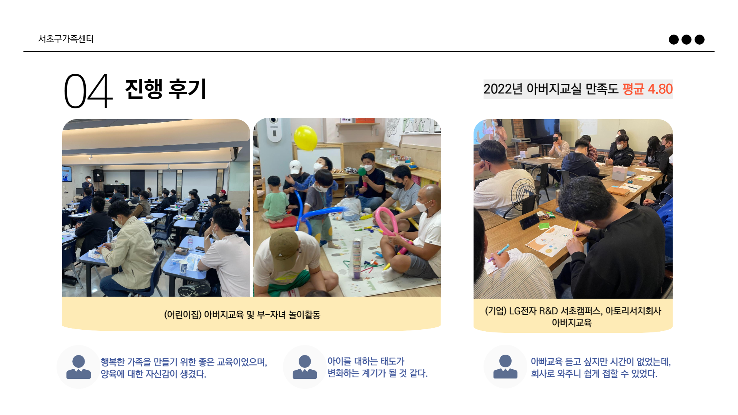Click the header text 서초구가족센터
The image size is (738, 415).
coord(66,39)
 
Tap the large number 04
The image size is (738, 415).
coord(88,91)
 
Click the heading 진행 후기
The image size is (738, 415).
coord(166,89)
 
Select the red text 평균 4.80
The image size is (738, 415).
coord(647,89)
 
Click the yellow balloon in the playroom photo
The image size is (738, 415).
coord(306,138)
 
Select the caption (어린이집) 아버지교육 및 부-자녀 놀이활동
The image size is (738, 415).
coord(242,315)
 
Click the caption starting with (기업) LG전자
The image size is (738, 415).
coord(573,317)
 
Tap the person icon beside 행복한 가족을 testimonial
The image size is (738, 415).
coord(78,367)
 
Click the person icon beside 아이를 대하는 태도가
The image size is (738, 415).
coord(304,367)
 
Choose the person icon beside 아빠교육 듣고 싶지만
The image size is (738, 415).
coord(505,367)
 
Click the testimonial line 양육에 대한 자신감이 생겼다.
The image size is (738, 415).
coord(153,374)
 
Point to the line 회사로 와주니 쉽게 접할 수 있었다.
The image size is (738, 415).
coord(594,373)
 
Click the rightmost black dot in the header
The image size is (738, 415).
coord(700,40)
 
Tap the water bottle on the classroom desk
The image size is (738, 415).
coord(110,235)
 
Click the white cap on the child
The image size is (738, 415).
coord(295,167)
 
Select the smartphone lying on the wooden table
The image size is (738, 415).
coord(530,221)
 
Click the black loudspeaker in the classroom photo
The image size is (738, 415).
coord(98,175)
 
